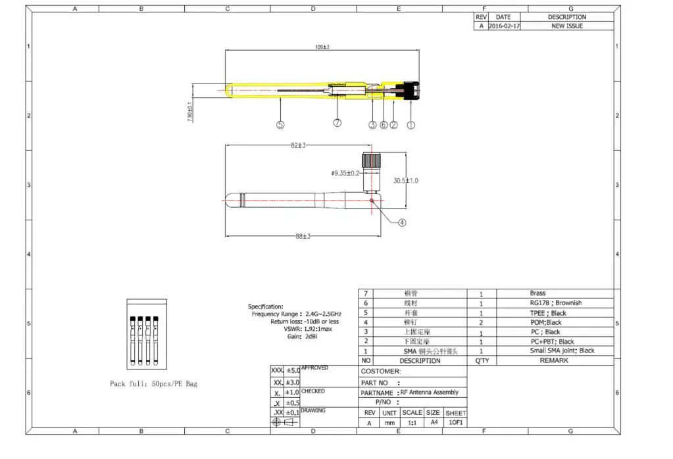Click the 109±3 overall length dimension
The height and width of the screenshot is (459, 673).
click(322, 47)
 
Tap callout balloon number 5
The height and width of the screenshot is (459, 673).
click(280, 124)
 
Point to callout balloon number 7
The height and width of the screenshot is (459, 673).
click(337, 123)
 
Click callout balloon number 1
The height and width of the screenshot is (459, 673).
click(412, 124)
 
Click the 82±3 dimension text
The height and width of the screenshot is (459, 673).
click(299, 145)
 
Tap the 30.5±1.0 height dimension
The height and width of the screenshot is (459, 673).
click(407, 180)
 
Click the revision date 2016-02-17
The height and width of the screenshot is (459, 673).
click(503, 26)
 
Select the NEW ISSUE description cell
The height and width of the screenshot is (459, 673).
click(566, 26)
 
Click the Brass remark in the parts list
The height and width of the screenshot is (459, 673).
click(537, 293)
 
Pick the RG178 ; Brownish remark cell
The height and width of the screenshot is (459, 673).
click(555, 303)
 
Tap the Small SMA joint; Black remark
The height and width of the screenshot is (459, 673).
click(562, 350)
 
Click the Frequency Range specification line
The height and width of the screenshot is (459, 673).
click(296, 314)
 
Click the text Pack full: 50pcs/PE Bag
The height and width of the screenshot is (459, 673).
click(153, 383)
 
